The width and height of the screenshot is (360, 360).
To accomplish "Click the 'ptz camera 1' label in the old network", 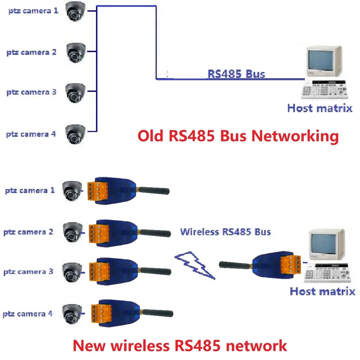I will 33,11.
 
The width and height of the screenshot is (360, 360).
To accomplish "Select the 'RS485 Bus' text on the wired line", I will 236,74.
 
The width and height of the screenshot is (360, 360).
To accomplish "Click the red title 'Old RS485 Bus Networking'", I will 238,136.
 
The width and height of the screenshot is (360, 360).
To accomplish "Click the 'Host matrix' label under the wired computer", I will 320,108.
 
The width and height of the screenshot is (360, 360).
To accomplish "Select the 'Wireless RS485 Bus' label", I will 226,232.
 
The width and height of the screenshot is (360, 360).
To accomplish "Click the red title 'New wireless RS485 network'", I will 180,345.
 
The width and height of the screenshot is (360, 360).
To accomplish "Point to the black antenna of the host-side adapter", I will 235,264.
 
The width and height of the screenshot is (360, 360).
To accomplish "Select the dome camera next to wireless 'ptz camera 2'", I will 73,232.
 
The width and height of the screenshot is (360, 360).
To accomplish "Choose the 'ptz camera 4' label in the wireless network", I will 28,314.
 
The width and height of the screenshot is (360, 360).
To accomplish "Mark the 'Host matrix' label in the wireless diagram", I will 322,292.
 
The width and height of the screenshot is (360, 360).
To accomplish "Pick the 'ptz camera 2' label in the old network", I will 31,52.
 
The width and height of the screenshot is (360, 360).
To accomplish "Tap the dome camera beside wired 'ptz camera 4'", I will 75,134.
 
